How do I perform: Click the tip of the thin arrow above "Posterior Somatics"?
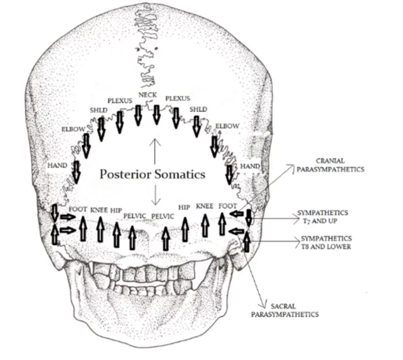click(x=154, y=139)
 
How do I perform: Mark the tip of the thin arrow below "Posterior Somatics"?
click(x=155, y=205)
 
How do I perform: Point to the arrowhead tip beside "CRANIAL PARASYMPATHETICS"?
click(x=294, y=165)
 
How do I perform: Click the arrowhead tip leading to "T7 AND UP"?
click(x=299, y=219)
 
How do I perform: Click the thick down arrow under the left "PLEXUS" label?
click(x=120, y=122)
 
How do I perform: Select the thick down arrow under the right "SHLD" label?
click(x=197, y=126)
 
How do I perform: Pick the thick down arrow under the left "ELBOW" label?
click(x=86, y=146)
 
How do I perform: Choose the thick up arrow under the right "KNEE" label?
click(x=205, y=225)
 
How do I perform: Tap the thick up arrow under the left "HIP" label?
click(x=116, y=234)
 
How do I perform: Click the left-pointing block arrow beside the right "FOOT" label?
click(x=237, y=214)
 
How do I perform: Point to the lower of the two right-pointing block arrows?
click(x=68, y=230)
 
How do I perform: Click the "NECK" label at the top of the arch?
click(x=148, y=95)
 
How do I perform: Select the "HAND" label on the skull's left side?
click(x=57, y=165)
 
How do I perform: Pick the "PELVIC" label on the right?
click(x=163, y=216)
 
